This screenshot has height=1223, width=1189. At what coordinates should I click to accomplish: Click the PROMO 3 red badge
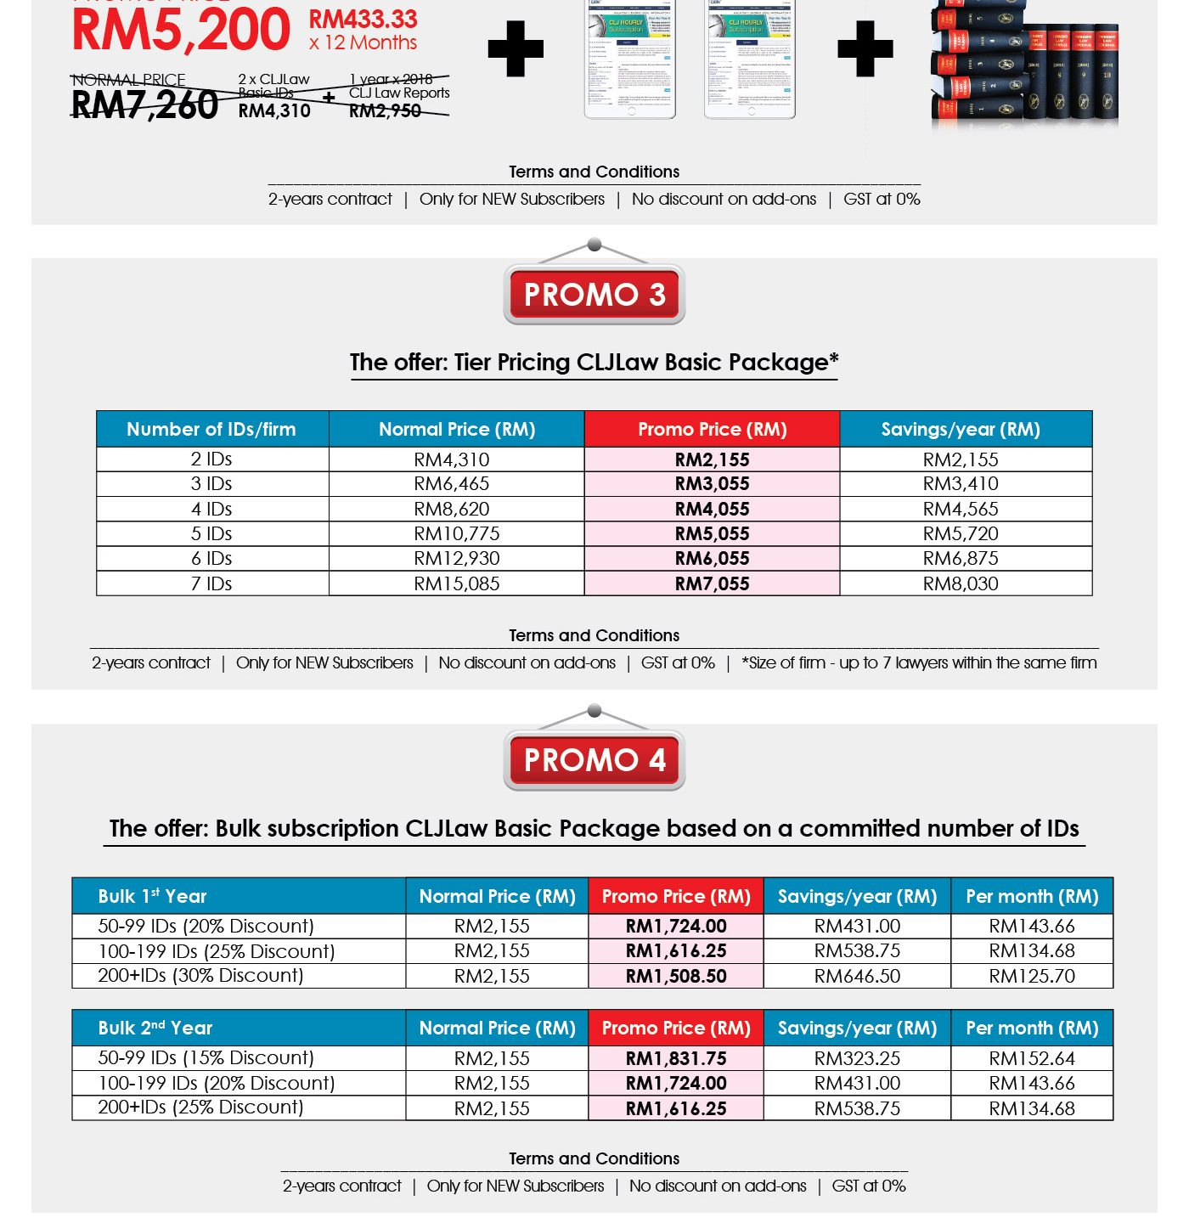pos(594,295)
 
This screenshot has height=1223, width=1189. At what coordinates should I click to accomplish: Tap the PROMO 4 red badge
pos(594,760)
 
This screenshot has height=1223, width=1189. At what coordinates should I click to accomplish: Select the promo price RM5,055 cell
pos(712,534)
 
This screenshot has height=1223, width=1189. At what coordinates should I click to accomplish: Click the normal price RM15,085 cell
pos(457,584)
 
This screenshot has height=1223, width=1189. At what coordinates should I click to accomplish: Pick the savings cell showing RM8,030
pos(961,584)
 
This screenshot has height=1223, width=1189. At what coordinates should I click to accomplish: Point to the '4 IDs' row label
pos(211,510)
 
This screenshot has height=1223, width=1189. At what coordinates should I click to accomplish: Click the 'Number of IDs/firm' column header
pos(211,430)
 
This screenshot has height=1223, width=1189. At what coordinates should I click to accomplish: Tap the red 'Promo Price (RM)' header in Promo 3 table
pos(712,430)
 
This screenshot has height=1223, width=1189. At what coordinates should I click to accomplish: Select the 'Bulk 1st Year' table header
pos(153,897)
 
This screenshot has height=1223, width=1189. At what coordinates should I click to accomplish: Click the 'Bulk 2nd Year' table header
pos(155,1029)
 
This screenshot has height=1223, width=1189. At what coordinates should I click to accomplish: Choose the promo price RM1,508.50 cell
pos(676,977)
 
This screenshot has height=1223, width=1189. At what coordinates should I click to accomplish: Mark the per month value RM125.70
pos(1032,977)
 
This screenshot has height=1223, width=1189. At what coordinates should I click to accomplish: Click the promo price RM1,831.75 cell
pos(676,1059)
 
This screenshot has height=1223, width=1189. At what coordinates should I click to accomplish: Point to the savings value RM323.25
pos(857,1059)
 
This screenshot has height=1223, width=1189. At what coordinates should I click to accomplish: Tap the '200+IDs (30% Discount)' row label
pos(200,976)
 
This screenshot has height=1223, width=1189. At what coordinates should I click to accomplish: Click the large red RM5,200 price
pos(181,31)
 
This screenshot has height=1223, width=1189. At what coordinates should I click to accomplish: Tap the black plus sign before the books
pos(865,48)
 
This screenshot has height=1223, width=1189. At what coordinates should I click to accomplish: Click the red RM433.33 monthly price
pos(363,20)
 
